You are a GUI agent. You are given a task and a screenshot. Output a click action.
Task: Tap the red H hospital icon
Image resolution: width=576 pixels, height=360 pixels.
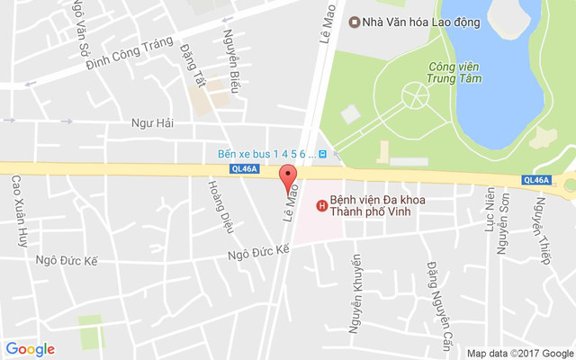tap(320, 207)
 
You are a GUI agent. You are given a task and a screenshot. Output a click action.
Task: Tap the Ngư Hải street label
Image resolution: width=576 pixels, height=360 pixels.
tap(150, 122)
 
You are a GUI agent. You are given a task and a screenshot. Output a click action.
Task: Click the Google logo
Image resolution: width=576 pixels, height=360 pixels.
tap(30, 349)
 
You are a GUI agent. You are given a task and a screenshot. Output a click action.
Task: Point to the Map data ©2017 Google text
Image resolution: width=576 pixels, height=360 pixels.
tap(519, 353)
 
